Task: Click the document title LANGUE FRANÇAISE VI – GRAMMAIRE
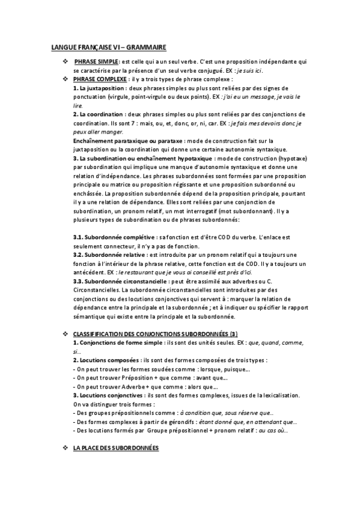click(108, 46)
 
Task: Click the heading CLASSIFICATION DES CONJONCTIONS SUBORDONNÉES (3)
click(156, 334)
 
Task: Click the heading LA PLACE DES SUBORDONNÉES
click(116, 449)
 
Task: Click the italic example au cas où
click(276, 431)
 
